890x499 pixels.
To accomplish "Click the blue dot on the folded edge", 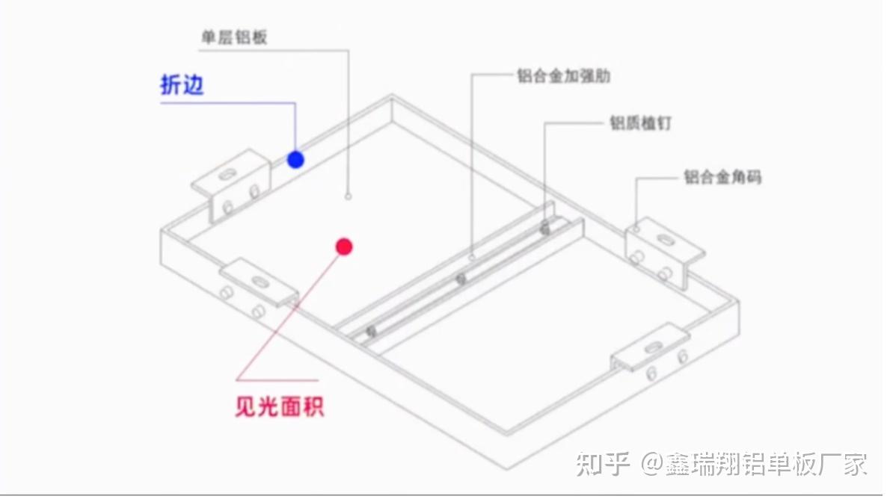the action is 296,159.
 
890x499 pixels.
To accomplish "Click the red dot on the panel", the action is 343,247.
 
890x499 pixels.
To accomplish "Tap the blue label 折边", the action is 182,85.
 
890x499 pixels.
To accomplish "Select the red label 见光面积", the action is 280,407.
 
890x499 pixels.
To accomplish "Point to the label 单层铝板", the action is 234,37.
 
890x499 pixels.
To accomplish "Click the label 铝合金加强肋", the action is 563,76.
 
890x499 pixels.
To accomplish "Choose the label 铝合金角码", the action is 722,177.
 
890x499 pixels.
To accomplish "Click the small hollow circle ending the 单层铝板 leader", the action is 349,196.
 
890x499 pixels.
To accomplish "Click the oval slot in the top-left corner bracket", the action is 226,174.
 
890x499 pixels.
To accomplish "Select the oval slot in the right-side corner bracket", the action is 665,241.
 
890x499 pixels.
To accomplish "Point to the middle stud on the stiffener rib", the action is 461,279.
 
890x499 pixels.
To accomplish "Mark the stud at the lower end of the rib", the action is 369,331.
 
